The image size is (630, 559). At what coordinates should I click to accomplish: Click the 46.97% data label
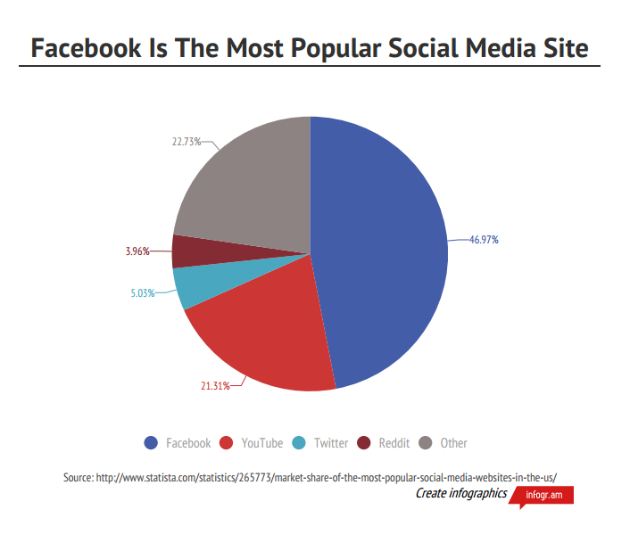(x=484, y=240)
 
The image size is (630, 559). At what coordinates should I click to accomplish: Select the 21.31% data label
(x=214, y=386)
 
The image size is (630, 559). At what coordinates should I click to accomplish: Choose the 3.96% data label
(x=137, y=251)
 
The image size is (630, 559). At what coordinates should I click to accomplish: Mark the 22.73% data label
(x=186, y=141)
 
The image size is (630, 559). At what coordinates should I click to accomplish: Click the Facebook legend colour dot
(x=151, y=443)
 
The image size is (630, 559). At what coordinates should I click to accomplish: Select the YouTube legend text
(x=261, y=443)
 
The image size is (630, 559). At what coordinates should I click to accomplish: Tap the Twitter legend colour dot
(x=300, y=443)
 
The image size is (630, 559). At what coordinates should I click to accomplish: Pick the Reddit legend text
(x=394, y=443)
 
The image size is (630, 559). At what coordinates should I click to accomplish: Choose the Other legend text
(x=453, y=443)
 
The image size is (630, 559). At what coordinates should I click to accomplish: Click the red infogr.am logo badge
(x=545, y=495)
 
